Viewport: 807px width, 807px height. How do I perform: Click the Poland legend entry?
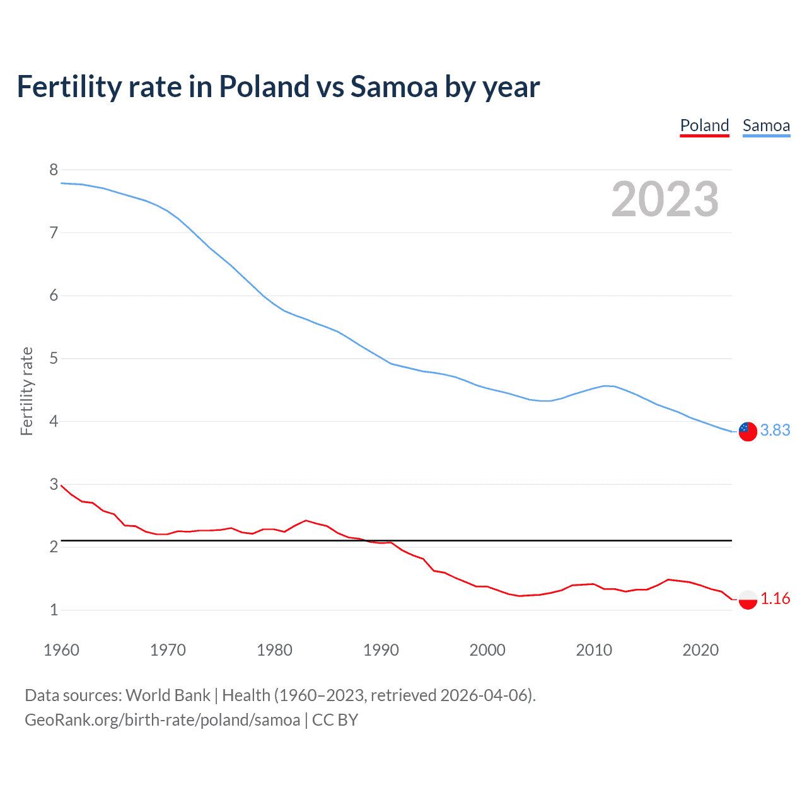point(704,125)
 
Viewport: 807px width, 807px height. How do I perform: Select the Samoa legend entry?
point(766,125)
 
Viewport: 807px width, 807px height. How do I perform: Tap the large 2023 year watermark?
point(665,199)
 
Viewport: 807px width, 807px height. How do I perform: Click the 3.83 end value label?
point(775,430)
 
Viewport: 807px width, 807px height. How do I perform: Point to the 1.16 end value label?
point(775,598)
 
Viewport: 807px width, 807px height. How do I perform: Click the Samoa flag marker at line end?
point(748,431)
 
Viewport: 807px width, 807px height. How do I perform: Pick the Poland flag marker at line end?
point(748,599)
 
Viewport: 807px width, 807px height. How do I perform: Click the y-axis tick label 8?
point(54,170)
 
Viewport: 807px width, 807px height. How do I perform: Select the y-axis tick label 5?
point(54,359)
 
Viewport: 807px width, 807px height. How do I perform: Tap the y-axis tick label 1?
point(54,610)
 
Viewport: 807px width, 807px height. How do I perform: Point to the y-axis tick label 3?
point(54,484)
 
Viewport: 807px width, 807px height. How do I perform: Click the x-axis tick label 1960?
point(61,650)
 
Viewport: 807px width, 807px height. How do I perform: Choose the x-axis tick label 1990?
point(381,650)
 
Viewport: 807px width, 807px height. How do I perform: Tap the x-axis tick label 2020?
point(700,650)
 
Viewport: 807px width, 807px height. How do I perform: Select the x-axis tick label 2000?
point(487,650)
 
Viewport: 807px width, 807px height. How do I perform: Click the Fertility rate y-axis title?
point(26,391)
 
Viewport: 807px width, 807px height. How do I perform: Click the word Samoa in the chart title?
point(393,86)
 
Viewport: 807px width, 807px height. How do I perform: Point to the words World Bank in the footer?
point(168,695)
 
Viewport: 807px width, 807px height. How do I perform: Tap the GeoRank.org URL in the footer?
point(162,720)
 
